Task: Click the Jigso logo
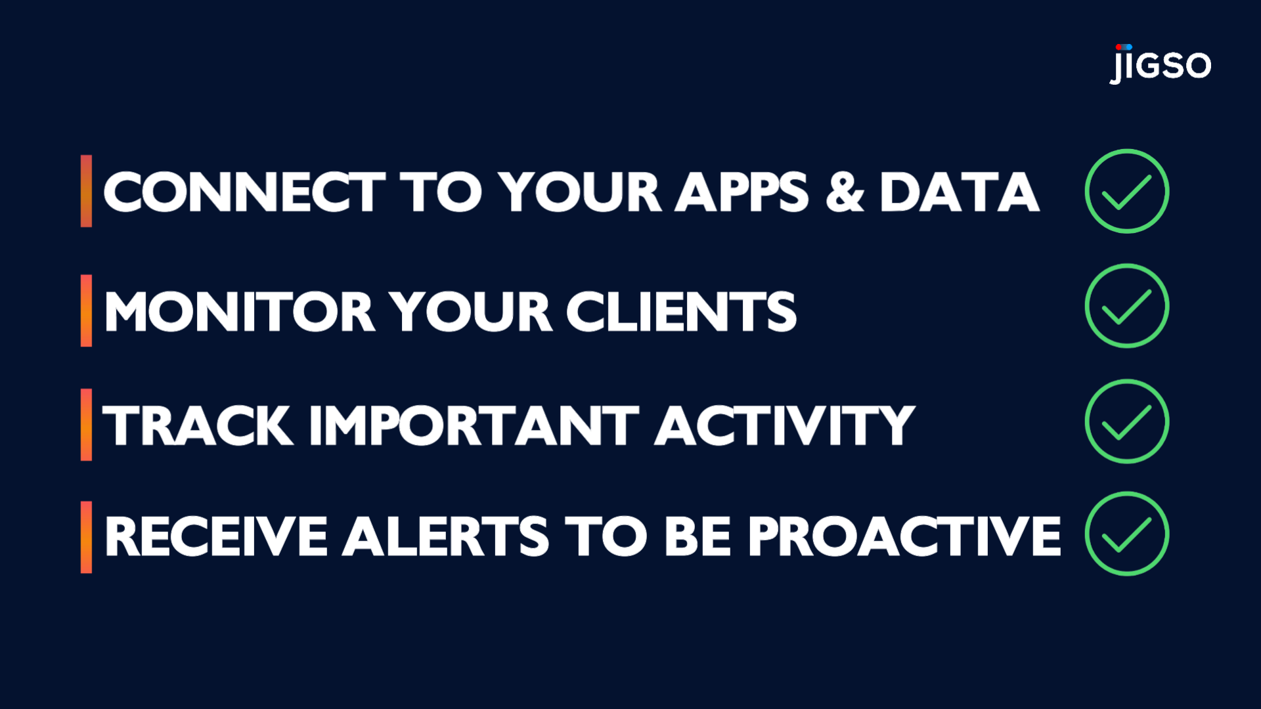(1160, 64)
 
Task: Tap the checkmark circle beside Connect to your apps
(1126, 191)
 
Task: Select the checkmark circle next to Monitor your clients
(1126, 306)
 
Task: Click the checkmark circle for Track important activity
(1126, 421)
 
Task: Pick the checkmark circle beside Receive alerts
(1126, 534)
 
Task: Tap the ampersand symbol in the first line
(845, 192)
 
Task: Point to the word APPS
(742, 192)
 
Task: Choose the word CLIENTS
(681, 311)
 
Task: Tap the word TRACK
(198, 425)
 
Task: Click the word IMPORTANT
(474, 425)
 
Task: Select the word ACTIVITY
(784, 425)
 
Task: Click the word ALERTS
(446, 536)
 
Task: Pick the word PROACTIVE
(904, 536)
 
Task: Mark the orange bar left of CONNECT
(86, 191)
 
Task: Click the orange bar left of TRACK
(86, 425)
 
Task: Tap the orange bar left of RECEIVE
(86, 537)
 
